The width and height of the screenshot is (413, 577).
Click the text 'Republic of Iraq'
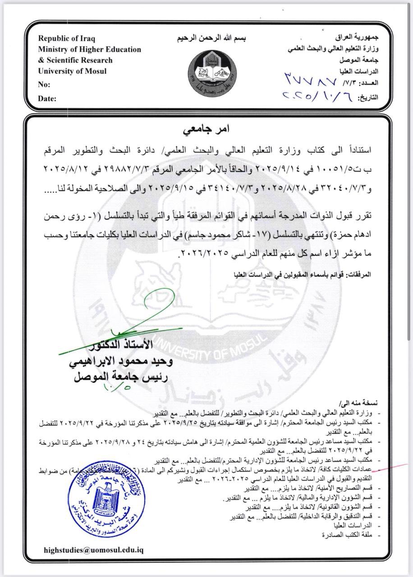(x=67, y=39)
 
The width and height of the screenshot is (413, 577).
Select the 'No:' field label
(x=44, y=84)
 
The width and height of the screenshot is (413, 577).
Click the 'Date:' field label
(x=47, y=98)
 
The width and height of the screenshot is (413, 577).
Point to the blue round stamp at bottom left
(x=107, y=497)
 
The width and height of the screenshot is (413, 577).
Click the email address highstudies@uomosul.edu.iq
(x=94, y=550)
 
